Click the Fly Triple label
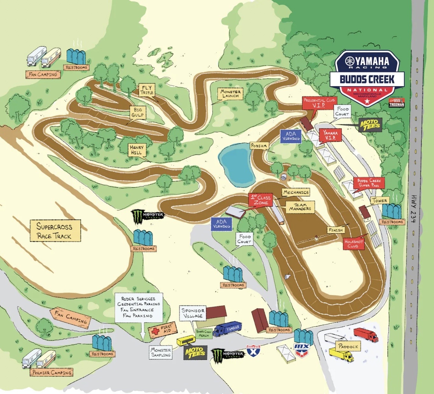[147, 90]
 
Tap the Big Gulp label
[138, 112]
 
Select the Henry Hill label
[136, 150]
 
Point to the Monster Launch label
[231, 94]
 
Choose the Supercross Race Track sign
[55, 231]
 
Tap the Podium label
[259, 146]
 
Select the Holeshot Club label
[353, 244]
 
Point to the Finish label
[336, 230]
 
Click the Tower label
[380, 201]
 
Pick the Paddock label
[348, 346]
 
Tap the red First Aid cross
[155, 331]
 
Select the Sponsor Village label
[193, 313]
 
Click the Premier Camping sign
[52, 372]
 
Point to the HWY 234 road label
[413, 208]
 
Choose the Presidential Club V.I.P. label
[319, 103]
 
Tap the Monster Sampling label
[161, 352]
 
